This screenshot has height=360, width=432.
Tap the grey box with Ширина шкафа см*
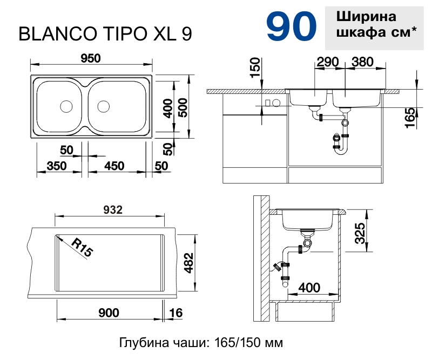pyautogui.click(x=376, y=25)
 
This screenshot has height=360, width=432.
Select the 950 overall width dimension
pyautogui.click(x=91, y=59)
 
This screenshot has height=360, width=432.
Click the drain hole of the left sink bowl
pyautogui.click(x=66, y=106)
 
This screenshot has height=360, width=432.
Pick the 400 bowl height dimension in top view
pyautogui.click(x=168, y=108)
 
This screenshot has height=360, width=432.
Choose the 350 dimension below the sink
pyautogui.click(x=57, y=166)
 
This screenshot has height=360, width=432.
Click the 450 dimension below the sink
pyautogui.click(x=114, y=166)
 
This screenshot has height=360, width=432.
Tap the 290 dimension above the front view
pyautogui.click(x=328, y=62)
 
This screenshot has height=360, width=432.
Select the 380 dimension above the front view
pyautogui.click(x=362, y=62)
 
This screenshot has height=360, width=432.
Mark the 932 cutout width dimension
pyautogui.click(x=112, y=209)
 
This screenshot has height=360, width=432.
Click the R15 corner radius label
pyautogui.click(x=81, y=248)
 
